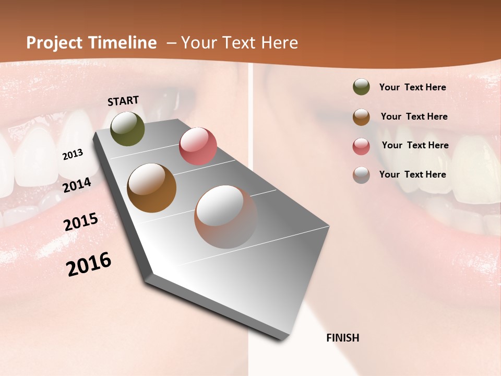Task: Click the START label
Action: point(123,101)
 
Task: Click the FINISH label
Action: point(342,338)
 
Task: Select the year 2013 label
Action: point(73,155)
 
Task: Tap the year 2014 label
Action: point(77,185)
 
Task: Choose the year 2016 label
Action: point(89,264)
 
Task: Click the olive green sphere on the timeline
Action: point(127,128)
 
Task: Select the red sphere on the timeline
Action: point(198,146)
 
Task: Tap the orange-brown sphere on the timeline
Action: point(151,188)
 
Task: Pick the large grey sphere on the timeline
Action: point(226,217)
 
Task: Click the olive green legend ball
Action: point(361,87)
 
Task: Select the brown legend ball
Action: point(361,117)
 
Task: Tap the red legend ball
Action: point(361,146)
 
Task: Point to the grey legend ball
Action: point(361,175)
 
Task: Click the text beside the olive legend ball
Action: point(412,88)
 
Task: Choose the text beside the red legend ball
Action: point(415,145)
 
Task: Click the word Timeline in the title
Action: point(123,43)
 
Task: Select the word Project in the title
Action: point(54,43)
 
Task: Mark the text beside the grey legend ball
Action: point(412,174)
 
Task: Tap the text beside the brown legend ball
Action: point(414,116)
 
